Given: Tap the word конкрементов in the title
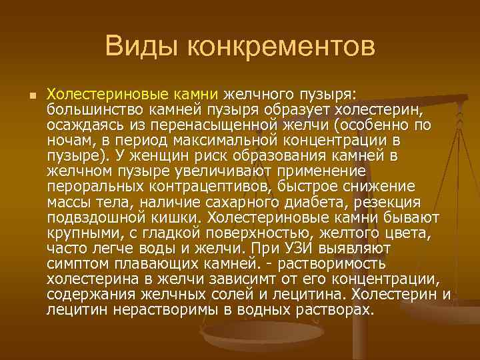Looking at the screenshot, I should coord(282,47).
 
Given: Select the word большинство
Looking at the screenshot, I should coord(91,109).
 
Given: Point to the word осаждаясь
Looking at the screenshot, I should coord(79,125).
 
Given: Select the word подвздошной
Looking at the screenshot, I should coord(90,217).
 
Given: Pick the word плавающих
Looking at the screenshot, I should coord(157,263).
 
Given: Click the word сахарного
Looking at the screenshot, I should coord(231,201).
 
